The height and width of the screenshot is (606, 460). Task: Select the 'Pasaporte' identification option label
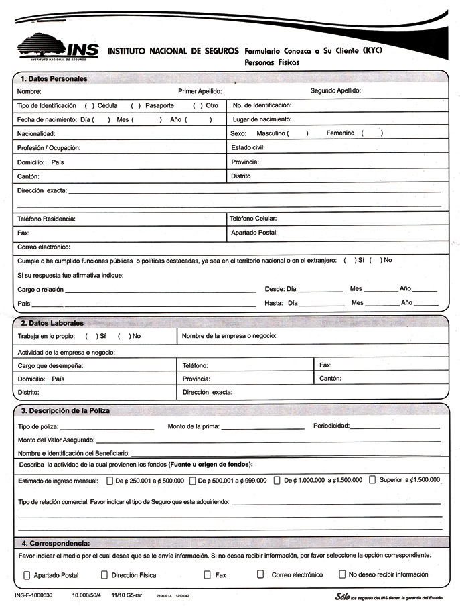(159, 106)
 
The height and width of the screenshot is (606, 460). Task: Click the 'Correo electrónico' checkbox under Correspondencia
(260, 574)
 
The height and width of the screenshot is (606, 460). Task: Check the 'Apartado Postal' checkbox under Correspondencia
(27, 574)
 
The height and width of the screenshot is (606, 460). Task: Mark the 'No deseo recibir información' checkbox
(342, 574)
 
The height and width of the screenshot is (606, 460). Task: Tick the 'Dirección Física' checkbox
(104, 574)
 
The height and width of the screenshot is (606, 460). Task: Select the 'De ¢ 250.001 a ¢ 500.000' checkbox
(110, 480)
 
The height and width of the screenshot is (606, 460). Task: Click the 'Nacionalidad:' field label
(37, 134)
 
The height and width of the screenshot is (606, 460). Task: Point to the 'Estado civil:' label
(248, 147)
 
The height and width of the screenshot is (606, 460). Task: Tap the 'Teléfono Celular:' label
(253, 219)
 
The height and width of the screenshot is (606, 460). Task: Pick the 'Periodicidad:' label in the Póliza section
(331, 426)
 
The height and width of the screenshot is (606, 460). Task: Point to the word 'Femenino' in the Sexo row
(340, 133)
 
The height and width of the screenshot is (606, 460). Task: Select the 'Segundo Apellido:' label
(335, 90)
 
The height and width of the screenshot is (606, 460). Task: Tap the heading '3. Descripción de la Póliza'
(66, 410)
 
